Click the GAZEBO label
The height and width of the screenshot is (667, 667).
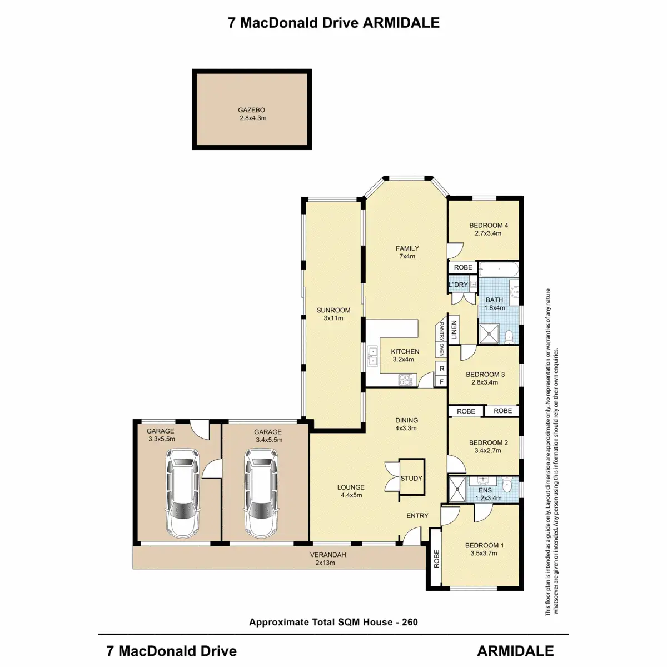coord(252,110)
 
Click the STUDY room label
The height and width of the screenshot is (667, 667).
coord(411,478)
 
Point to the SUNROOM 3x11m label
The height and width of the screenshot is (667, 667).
coord(333,314)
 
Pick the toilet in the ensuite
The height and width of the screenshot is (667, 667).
coord(507,486)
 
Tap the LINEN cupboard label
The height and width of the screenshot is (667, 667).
coord(454,330)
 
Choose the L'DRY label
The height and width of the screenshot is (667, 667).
coord(459,285)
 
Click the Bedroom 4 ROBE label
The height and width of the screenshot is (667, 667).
coord(463,267)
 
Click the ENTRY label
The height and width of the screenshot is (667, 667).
coord(417,516)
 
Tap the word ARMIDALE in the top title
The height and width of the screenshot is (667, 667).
coord(401,23)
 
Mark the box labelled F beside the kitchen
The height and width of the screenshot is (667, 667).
coord(442,381)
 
